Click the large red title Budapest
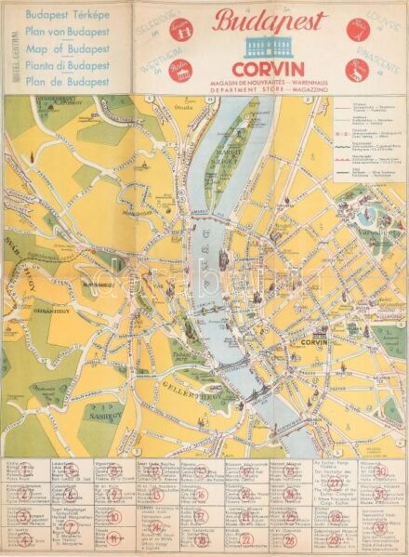tap(269, 21)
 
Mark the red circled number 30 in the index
tap(380, 471)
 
